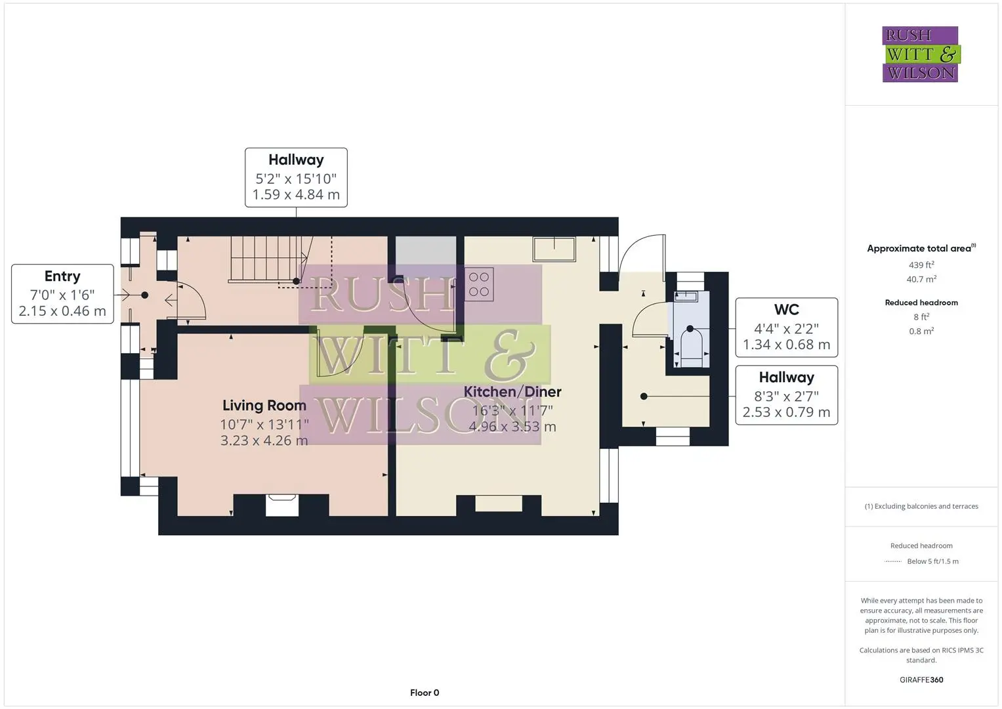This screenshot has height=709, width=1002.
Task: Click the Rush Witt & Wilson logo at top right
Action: [x=921, y=54]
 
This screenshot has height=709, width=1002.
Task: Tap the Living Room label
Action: [x=264, y=406]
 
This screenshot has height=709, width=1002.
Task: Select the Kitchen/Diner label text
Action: [x=512, y=392]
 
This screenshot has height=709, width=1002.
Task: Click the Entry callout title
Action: [x=62, y=276]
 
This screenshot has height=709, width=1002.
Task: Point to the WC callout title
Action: [x=786, y=310]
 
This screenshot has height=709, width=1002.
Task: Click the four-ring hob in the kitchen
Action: [x=478, y=284]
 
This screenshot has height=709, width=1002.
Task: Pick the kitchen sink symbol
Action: [x=554, y=249]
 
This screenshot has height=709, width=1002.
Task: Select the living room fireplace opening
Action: [x=282, y=505]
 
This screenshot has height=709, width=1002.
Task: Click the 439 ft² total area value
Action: [x=921, y=265]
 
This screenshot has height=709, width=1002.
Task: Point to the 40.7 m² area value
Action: [x=921, y=279]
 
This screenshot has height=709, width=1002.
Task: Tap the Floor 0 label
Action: [x=425, y=693]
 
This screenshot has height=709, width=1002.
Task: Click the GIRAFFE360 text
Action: [x=921, y=679]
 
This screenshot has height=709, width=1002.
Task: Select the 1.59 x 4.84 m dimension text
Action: [x=296, y=195]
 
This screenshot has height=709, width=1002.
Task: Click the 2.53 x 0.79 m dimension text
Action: [x=786, y=412]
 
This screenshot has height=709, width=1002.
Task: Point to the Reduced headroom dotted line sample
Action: [x=893, y=561]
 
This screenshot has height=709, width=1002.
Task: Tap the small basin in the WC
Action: [x=686, y=296]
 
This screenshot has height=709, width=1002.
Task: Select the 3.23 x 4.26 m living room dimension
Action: [x=264, y=440]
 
